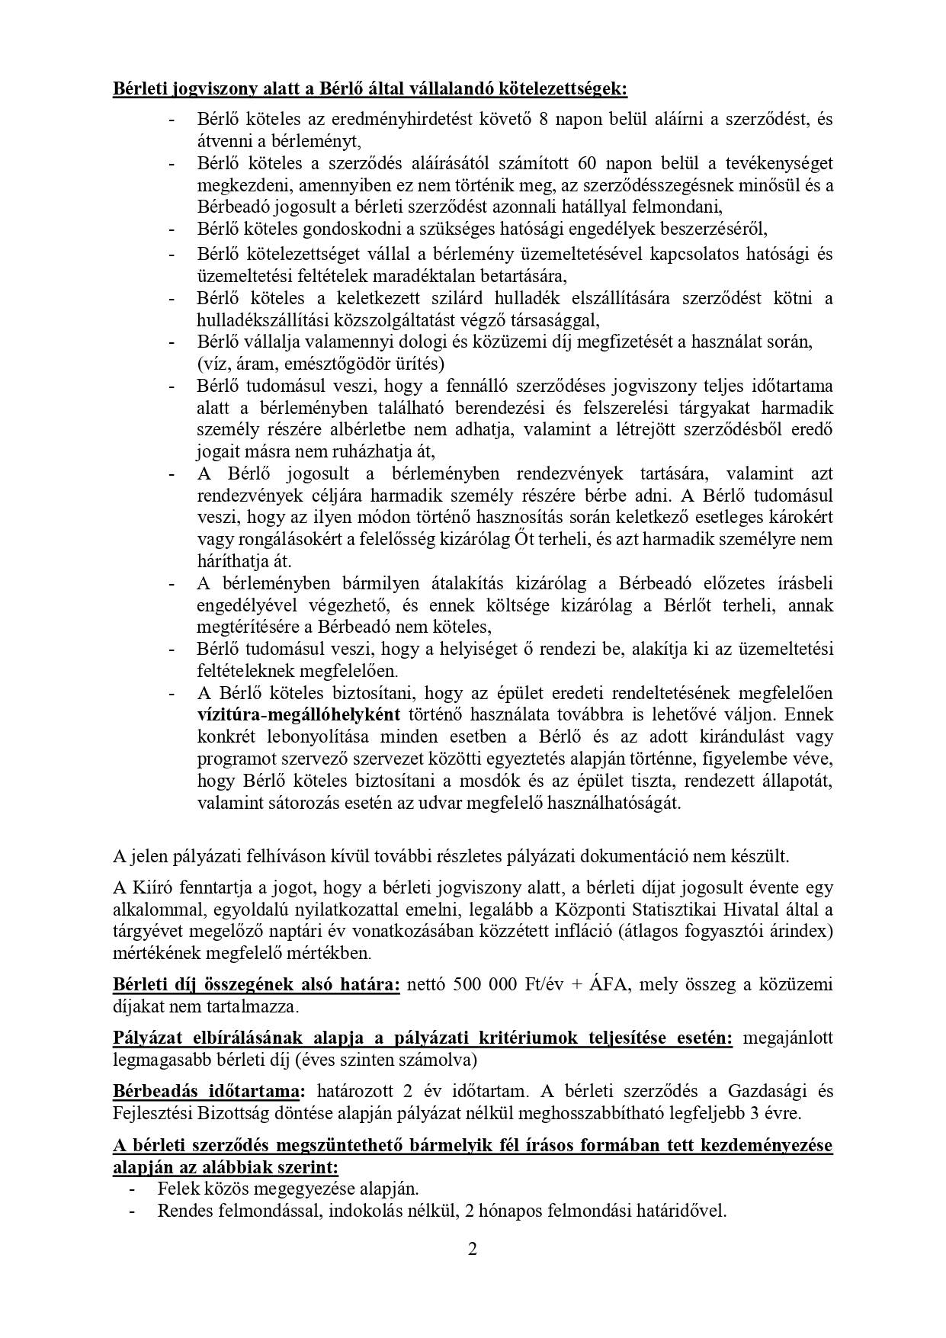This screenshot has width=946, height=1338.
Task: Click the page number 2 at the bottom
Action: tap(472, 1250)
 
